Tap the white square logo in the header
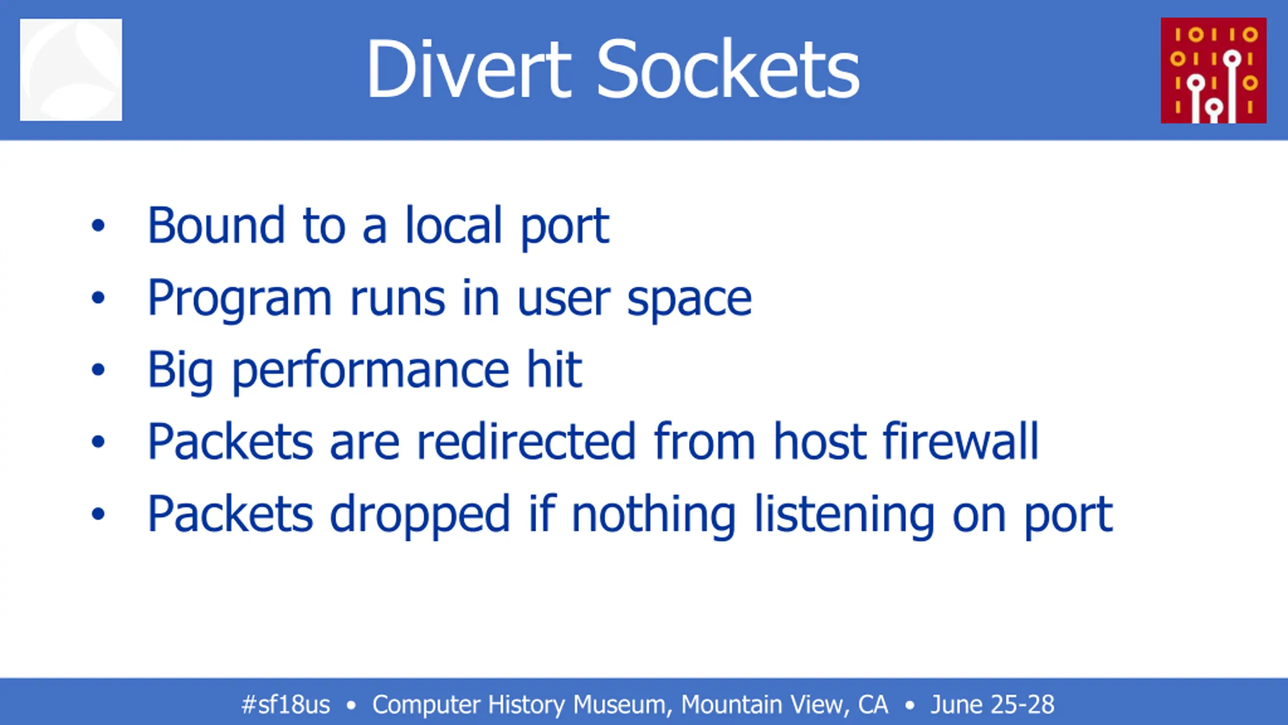71,69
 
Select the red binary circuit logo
1214,70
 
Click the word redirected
526,441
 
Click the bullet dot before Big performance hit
98,370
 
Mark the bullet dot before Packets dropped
98,514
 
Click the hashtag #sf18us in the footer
286,704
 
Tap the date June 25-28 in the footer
992,704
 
